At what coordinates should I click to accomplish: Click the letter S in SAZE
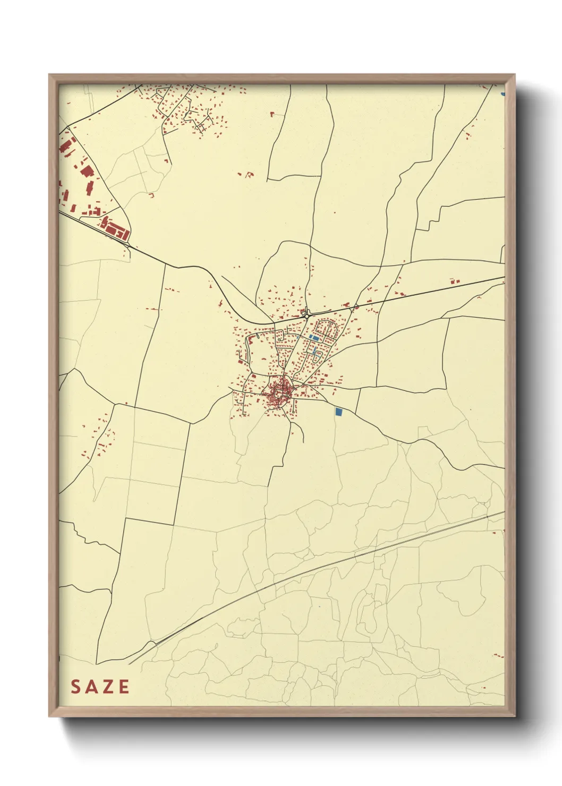(x=76, y=687)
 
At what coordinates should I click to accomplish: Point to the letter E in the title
(x=124, y=687)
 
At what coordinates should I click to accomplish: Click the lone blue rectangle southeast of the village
(x=339, y=411)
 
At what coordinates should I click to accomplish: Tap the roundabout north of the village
(x=307, y=315)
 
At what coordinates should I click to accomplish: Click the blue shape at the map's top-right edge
(x=503, y=94)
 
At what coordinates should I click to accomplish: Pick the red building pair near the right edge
(x=454, y=281)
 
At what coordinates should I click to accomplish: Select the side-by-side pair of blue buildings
(x=315, y=337)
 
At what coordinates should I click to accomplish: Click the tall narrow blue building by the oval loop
(x=314, y=350)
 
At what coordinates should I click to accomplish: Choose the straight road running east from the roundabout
(x=404, y=296)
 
